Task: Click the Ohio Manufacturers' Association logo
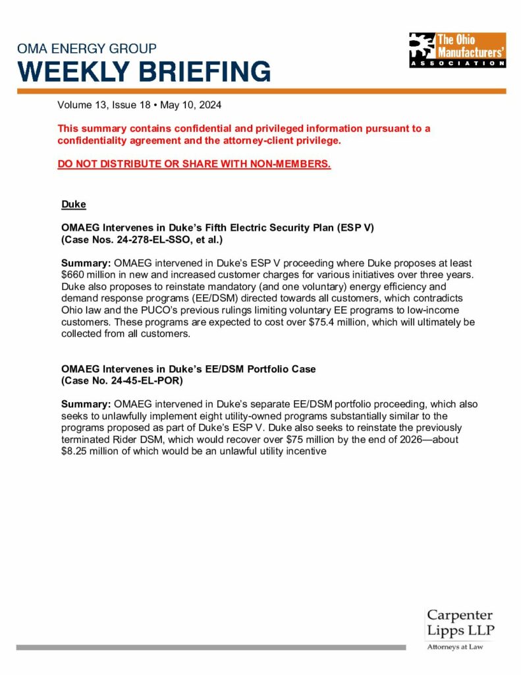point(457,50)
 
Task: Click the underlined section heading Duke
point(73,205)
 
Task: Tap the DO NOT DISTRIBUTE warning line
point(194,163)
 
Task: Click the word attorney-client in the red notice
point(242,140)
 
